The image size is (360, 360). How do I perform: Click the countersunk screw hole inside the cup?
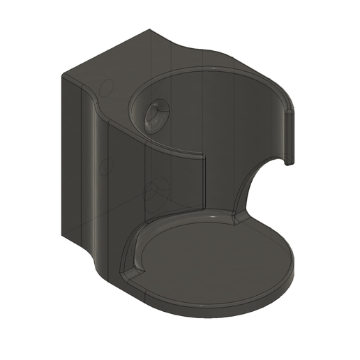(155, 114)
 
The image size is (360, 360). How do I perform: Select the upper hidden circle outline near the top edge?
(107, 88)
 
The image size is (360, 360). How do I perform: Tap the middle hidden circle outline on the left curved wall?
(107, 167)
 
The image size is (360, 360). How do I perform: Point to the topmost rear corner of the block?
(151, 30)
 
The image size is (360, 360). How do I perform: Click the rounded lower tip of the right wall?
(288, 163)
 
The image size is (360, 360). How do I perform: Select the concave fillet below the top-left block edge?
(98, 105)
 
